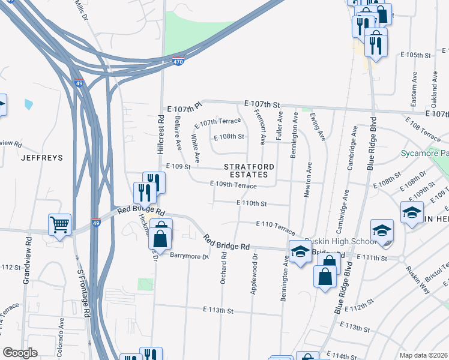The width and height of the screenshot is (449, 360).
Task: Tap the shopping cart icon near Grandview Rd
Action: [x=59, y=225]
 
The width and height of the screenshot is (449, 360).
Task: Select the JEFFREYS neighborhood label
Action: [x=42, y=158]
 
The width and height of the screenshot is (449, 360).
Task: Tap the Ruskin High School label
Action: [x=334, y=241]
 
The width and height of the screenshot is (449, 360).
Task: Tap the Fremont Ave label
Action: [x=261, y=127]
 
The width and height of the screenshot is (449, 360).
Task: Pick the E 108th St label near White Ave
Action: [x=231, y=137]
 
